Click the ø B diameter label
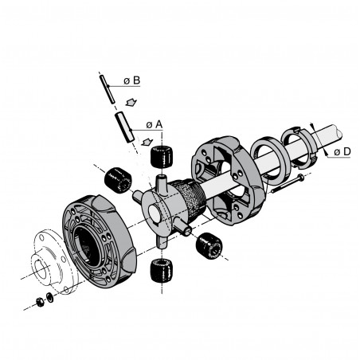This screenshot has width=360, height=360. (x=132, y=81)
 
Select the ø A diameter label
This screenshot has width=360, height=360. (x=154, y=124)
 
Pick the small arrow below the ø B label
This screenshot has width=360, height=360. (x=132, y=101)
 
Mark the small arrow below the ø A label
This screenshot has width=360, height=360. (x=147, y=141)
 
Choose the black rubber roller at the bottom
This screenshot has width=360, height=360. (x=162, y=270)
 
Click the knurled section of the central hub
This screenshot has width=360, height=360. (x=188, y=202)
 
